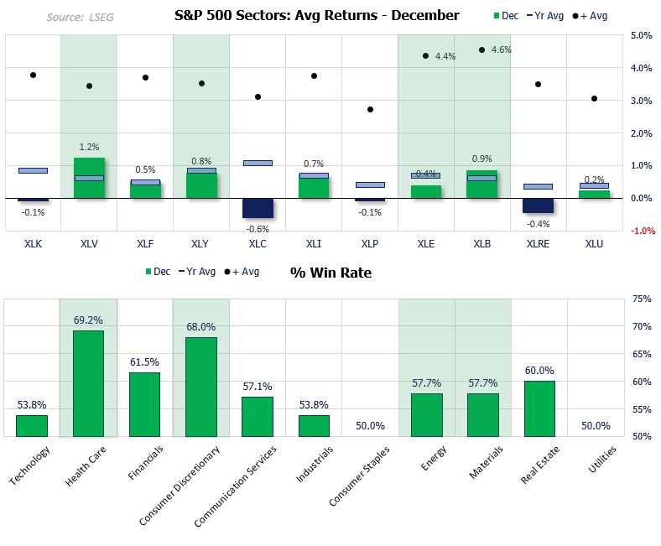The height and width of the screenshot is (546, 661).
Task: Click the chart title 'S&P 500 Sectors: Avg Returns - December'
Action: pos(316,15)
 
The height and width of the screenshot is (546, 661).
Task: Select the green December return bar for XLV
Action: pos(89,178)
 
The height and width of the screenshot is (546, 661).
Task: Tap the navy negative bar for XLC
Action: pos(258,208)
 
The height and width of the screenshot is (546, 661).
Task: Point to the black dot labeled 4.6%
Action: pos(481,50)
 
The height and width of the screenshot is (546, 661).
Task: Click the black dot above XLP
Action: pos(370,110)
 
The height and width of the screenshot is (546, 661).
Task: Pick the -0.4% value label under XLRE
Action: pos(538,224)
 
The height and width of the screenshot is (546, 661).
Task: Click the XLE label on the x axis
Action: pos(426,243)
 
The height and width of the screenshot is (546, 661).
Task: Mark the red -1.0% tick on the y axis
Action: pos(642,231)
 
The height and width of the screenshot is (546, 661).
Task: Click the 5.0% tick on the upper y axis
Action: pos(642,36)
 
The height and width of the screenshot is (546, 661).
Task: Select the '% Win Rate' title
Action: pos(330,272)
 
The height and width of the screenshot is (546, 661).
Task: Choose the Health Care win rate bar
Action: pos(89,383)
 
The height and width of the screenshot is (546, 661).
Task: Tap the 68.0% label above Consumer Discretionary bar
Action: pos(201,327)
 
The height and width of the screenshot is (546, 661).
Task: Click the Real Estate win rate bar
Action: pos(539,408)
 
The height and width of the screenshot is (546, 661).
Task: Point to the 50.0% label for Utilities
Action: pos(595,426)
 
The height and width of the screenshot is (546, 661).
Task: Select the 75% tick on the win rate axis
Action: pos(642,299)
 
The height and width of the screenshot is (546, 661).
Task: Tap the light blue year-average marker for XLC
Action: pos(258,163)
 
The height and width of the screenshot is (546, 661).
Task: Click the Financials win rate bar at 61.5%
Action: pos(145,404)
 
